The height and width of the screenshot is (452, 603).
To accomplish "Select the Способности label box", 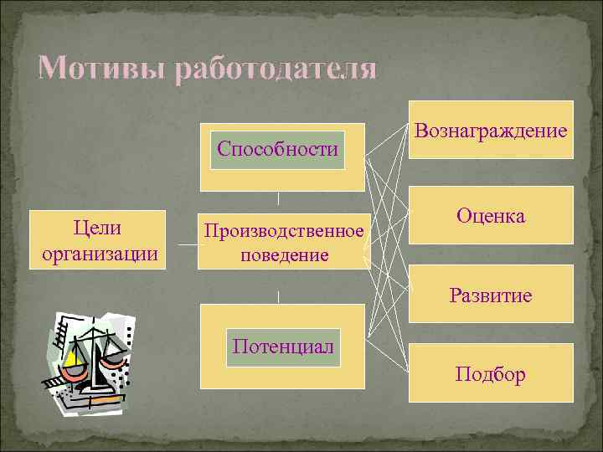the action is (277, 150).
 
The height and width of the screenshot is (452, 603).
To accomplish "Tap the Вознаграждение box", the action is (491, 131).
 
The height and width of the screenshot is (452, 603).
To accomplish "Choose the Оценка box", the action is (491, 215).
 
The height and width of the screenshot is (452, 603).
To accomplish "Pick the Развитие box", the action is (491, 295).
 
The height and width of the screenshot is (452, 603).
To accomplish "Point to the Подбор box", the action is (491, 373).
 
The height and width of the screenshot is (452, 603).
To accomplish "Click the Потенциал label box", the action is (283, 347).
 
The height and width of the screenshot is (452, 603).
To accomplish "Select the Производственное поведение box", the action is (282, 241).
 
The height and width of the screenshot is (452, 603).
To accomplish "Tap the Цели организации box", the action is (99, 240).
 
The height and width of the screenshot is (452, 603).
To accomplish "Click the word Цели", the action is (99, 228).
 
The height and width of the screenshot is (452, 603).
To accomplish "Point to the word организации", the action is (99, 253).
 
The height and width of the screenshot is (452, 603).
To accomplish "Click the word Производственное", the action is (282, 230).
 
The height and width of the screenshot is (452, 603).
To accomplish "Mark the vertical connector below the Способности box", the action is (278, 199).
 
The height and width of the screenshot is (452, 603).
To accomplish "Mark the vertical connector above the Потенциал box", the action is (278, 296).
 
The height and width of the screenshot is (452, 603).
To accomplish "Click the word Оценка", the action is (491, 215).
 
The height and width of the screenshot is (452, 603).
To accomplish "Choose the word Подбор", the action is (491, 373).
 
